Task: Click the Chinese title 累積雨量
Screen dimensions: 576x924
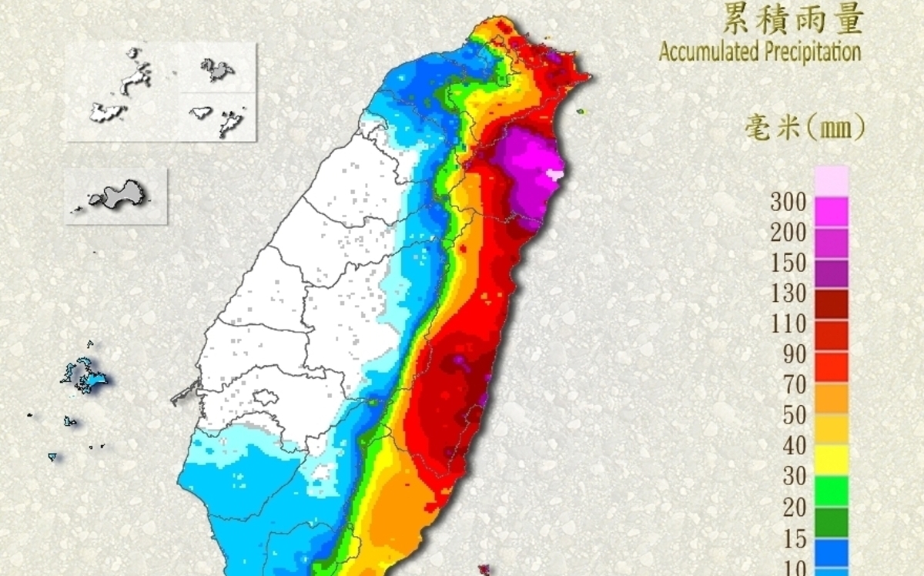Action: tap(793, 19)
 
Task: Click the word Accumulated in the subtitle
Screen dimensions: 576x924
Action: tap(709, 52)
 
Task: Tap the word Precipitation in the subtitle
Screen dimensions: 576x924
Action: tap(812, 52)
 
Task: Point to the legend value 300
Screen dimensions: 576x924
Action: tap(788, 203)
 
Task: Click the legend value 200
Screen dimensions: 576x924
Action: tap(788, 233)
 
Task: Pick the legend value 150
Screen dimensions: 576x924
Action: tap(788, 263)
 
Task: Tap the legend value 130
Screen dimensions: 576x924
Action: tap(788, 293)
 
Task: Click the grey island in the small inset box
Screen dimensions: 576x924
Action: tap(119, 193)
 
